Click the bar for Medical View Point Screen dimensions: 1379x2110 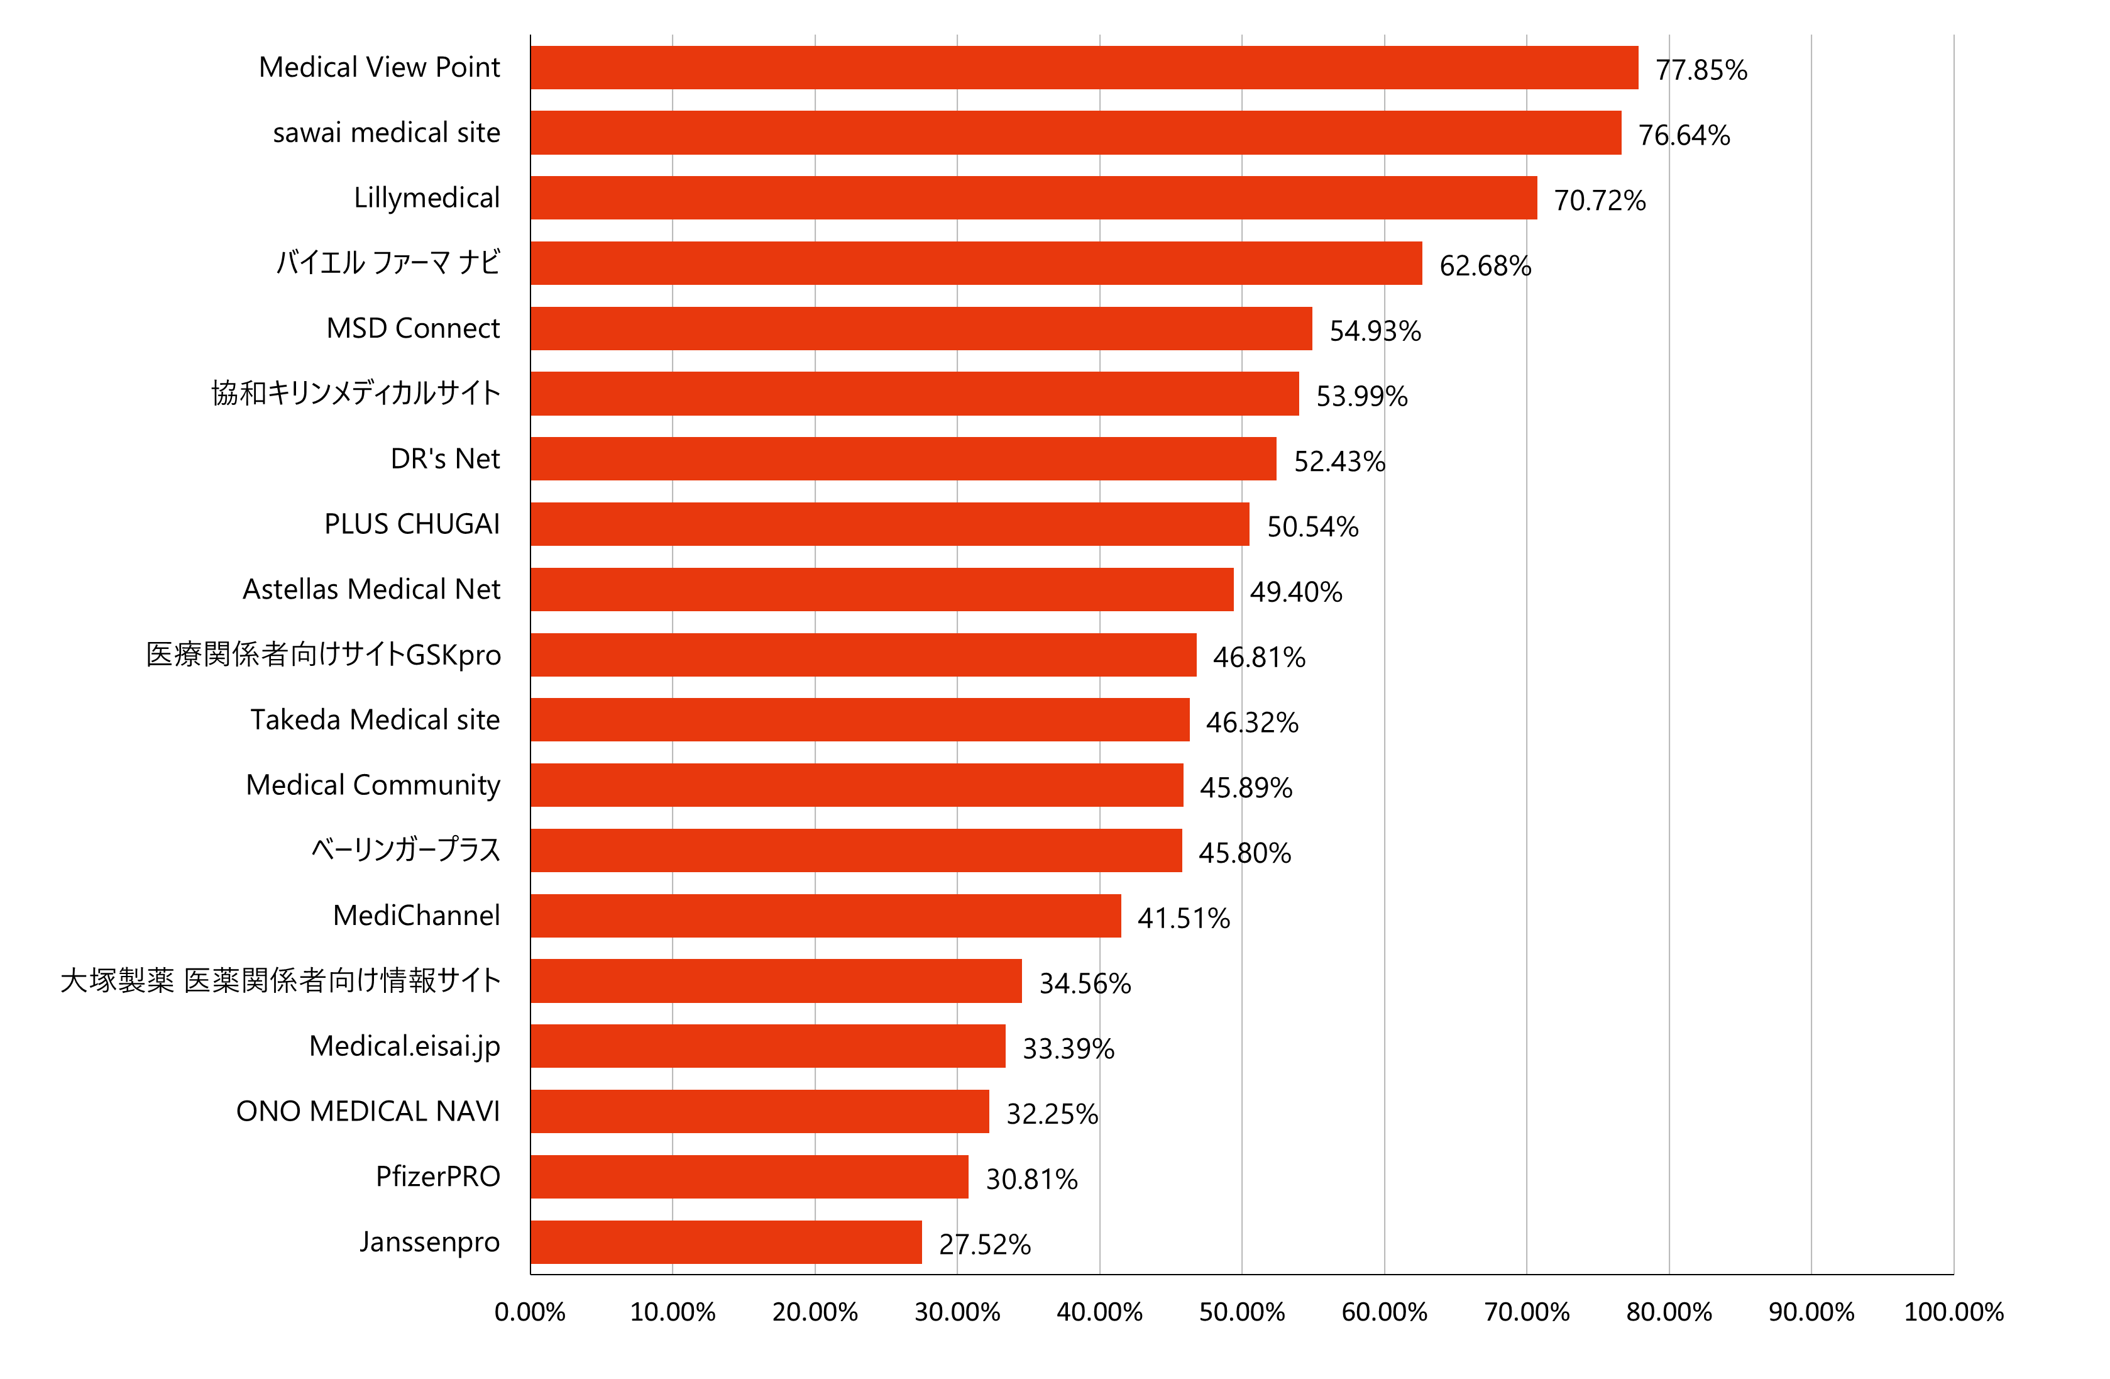point(1084,67)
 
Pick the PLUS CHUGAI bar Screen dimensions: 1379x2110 point(889,524)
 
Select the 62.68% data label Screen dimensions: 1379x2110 point(1485,266)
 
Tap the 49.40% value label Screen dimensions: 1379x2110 point(1296,592)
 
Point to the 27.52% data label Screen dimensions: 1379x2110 point(985,1244)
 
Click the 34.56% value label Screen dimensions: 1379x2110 point(1085,983)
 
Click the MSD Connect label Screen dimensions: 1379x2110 point(413,328)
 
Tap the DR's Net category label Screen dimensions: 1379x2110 point(445,458)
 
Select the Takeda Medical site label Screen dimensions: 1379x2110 point(375,719)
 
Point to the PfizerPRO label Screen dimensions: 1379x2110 point(438,1177)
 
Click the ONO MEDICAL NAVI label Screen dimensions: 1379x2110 point(368,1111)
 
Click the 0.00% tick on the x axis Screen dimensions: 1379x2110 point(530,1312)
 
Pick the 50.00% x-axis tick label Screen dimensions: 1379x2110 point(1242,1312)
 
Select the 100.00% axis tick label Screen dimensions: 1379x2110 point(1954,1312)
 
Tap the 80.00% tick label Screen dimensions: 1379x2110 point(1669,1312)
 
